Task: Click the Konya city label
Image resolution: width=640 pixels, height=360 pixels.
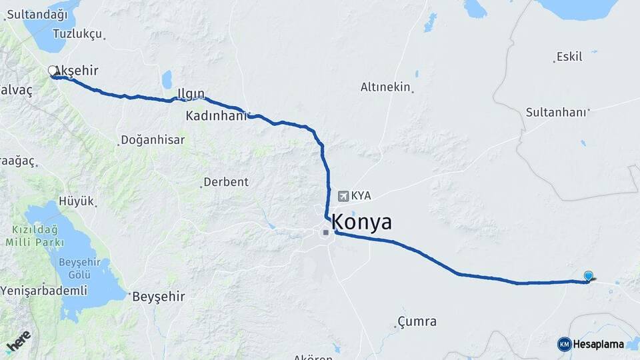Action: tap(361, 222)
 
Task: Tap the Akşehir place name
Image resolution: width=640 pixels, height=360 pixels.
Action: tap(79, 71)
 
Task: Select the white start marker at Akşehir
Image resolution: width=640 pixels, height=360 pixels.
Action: tap(53, 71)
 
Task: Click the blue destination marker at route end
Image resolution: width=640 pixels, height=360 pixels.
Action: tap(588, 275)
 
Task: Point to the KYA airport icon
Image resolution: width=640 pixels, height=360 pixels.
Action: tap(343, 196)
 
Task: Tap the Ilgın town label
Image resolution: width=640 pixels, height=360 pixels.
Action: tap(191, 93)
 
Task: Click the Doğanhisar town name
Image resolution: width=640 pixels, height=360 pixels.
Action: tap(153, 141)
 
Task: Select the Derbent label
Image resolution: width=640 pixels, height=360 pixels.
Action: tap(225, 181)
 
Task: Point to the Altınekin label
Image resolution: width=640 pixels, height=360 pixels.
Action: tap(385, 87)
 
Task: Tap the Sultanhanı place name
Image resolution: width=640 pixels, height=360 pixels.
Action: tap(555, 112)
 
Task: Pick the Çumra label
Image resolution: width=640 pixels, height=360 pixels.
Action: tap(417, 321)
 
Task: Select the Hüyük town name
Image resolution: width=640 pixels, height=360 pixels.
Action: tap(77, 201)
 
